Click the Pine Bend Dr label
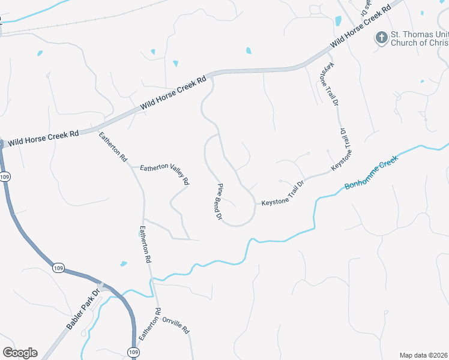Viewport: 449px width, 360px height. point(219,201)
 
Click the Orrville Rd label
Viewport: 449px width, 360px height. point(176,325)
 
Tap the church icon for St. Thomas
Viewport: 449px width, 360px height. point(381,38)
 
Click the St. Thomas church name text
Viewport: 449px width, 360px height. point(419,38)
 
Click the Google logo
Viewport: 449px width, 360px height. point(20,352)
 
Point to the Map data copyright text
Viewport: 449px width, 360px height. point(423,355)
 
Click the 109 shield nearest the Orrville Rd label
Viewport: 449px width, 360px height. point(133,352)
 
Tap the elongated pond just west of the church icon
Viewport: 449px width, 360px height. point(337,21)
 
